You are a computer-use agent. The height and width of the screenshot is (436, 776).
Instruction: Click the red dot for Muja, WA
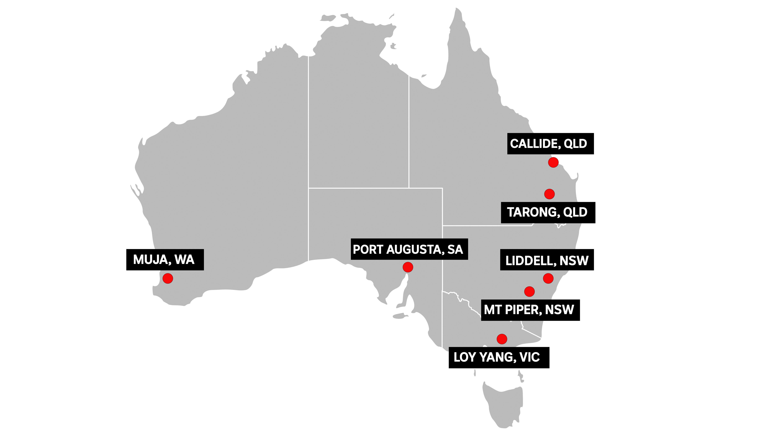tap(168, 278)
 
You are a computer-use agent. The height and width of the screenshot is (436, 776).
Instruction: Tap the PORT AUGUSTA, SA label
tap(409, 249)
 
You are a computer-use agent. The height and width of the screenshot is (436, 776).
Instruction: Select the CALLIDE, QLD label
tap(550, 144)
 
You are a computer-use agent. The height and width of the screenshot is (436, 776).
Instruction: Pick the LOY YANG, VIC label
tap(499, 357)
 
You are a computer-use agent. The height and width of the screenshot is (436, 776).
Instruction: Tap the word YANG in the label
tap(496, 357)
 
